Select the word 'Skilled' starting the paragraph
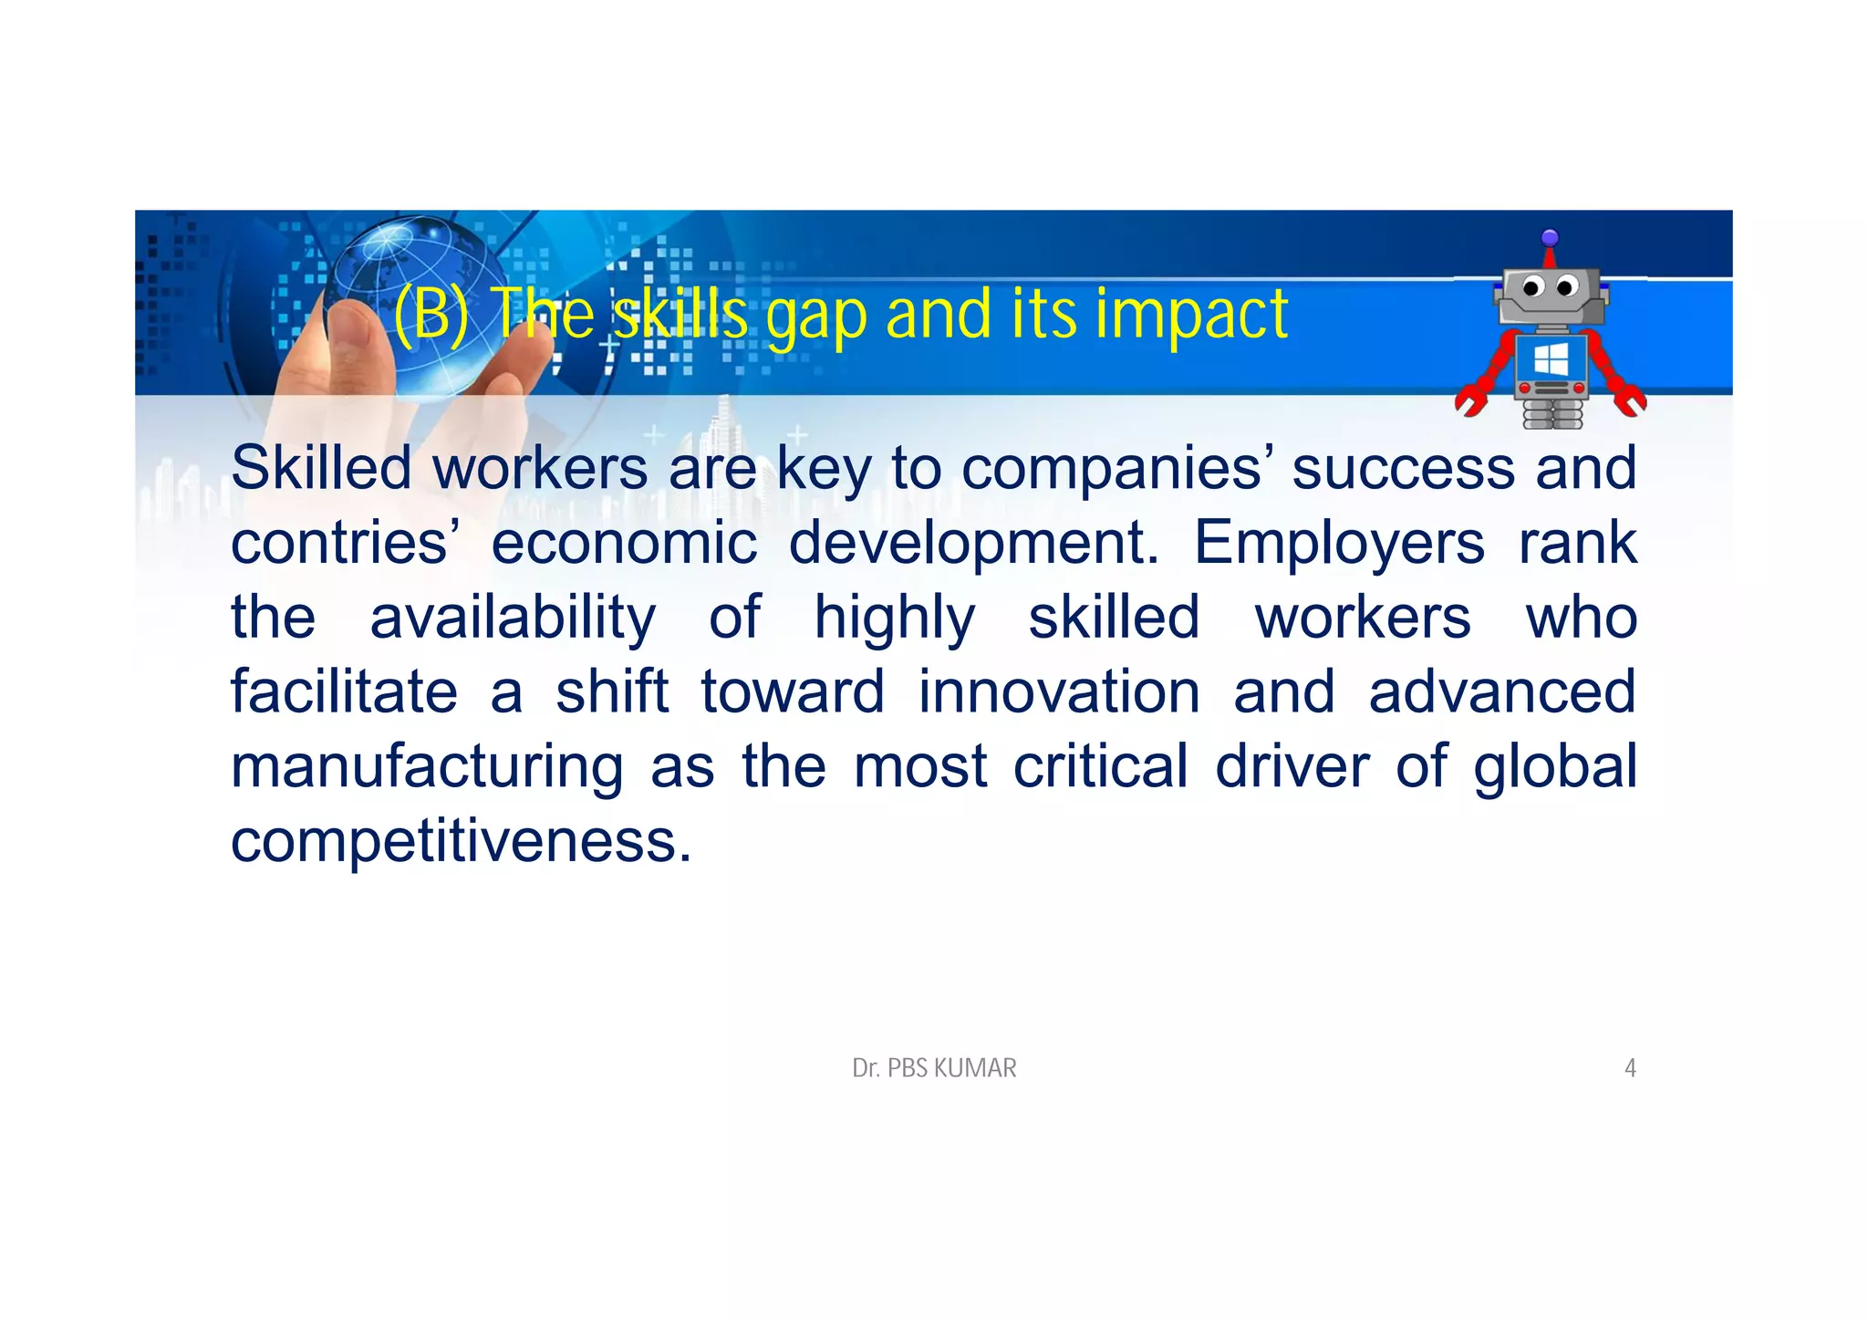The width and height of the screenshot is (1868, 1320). coord(321,468)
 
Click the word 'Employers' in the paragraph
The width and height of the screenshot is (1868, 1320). coord(1339,545)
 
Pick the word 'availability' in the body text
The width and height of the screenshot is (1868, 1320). coord(513,618)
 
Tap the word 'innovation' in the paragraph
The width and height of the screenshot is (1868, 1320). coord(1059,691)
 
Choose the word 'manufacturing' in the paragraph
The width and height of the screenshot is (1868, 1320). coord(427,767)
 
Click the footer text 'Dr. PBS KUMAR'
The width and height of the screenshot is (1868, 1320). coord(934,1068)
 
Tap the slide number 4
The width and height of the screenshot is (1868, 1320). coord(1630,1068)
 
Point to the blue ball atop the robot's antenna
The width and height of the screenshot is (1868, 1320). coord(1550,238)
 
